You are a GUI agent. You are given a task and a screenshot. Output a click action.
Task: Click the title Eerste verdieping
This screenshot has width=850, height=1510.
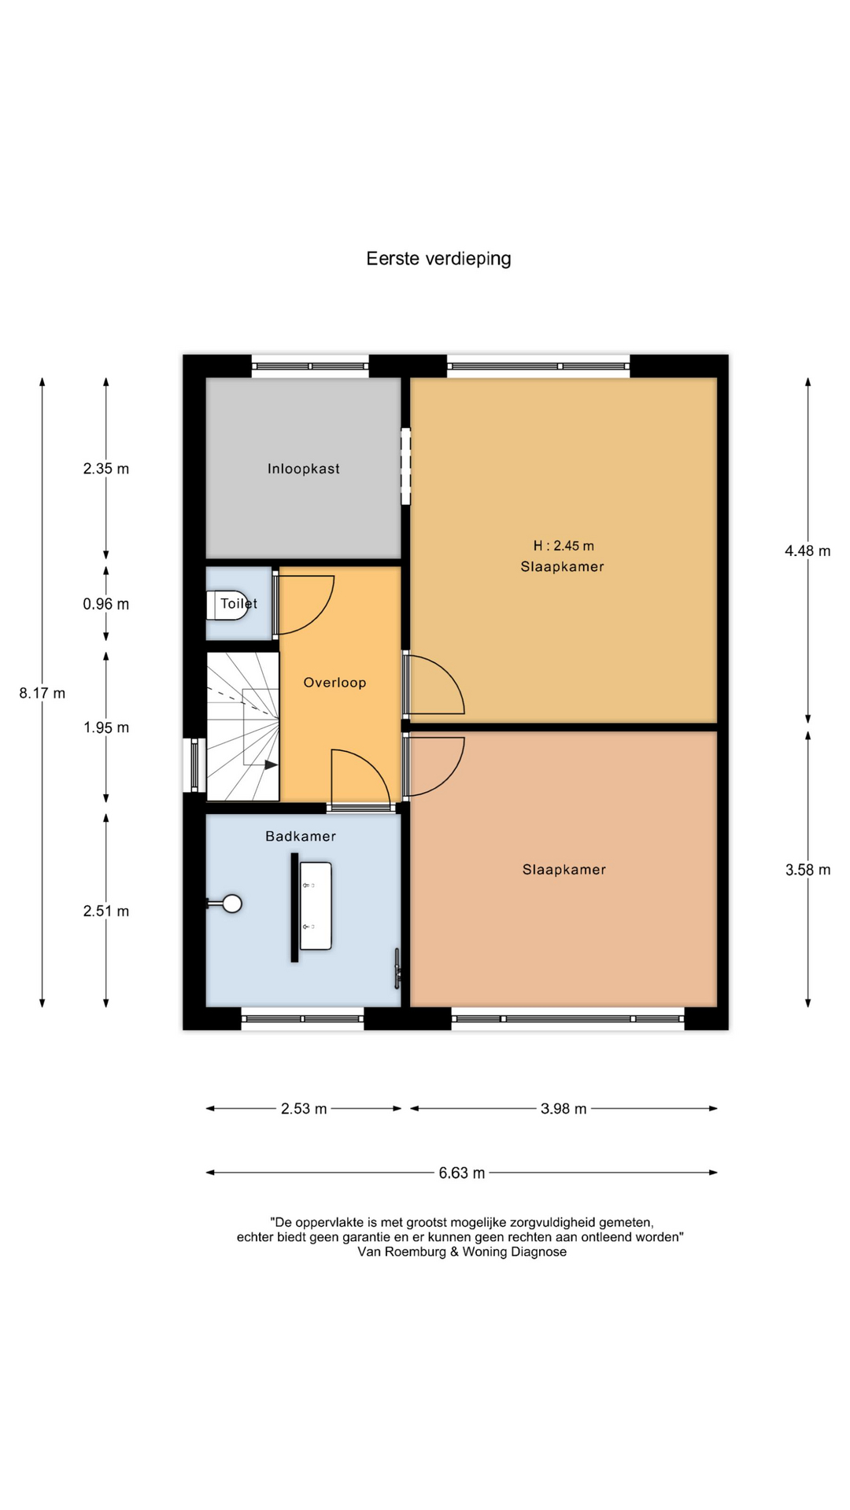438,259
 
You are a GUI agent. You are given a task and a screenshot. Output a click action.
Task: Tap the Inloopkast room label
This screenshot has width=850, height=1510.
304,469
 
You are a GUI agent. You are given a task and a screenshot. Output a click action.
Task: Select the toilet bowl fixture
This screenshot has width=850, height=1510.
227,605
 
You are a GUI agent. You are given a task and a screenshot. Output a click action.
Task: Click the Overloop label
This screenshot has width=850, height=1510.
334,683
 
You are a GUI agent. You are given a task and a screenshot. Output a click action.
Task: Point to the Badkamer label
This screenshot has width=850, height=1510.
301,836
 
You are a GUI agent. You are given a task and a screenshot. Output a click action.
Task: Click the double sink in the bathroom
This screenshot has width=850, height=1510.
316,906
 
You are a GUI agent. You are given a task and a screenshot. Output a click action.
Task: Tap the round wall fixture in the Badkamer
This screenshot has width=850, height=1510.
231,904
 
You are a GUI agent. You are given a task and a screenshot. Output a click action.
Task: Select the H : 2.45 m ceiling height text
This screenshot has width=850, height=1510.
564,546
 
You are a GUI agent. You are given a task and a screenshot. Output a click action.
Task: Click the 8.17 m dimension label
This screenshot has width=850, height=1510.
42,693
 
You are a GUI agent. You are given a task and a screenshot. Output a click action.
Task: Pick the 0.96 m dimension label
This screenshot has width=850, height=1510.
106,604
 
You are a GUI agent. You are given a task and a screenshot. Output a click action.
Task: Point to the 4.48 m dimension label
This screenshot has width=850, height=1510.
807,551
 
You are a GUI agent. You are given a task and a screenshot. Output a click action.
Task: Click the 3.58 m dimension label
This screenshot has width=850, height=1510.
807,870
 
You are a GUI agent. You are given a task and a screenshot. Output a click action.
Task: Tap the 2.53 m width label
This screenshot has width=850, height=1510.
304,1109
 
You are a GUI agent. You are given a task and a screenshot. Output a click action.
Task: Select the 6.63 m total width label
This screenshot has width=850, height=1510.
462,1173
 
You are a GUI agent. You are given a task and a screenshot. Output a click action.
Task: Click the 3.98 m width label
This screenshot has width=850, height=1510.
564,1109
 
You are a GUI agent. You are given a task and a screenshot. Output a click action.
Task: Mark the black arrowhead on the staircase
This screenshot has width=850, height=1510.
272,764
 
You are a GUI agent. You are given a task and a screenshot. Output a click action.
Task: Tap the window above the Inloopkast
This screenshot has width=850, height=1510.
310,366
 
